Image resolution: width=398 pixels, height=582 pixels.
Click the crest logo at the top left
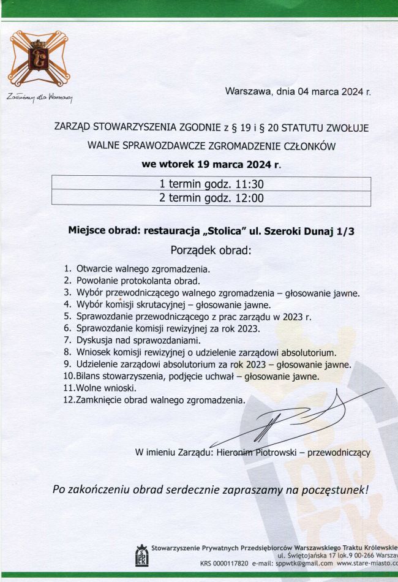[x=39, y=60]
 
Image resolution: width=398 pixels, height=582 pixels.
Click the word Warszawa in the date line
[x=248, y=92]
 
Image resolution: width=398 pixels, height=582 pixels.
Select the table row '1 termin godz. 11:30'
[x=211, y=184]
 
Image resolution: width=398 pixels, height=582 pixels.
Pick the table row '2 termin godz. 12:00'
[x=211, y=198]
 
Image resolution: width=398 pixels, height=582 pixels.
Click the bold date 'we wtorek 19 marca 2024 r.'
[x=211, y=165]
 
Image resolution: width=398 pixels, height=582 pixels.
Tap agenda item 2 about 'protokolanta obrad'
[x=138, y=281]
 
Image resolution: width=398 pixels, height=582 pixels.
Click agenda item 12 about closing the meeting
[x=159, y=400]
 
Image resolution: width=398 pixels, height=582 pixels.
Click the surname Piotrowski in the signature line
[x=272, y=453]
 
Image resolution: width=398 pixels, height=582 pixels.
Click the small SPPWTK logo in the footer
[x=141, y=555]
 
